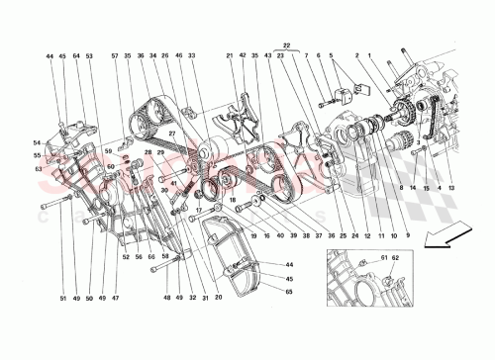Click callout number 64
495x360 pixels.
(x=75, y=57)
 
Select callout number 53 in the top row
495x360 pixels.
(x=89, y=57)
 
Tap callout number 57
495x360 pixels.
(x=115, y=57)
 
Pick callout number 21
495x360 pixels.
(x=229, y=57)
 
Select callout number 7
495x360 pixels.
(x=308, y=57)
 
